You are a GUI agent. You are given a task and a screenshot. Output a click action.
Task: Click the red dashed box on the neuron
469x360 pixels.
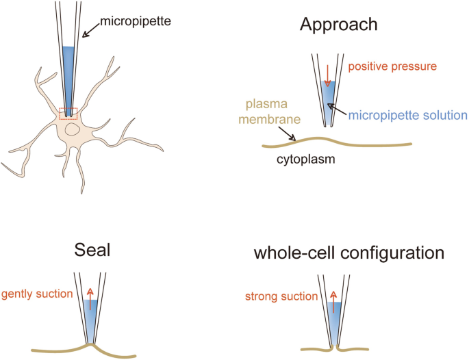pos(68,113)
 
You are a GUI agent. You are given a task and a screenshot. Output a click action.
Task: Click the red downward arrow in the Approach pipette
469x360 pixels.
pos(328,75)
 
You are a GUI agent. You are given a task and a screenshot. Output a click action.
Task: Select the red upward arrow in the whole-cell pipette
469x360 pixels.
pos(333,300)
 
